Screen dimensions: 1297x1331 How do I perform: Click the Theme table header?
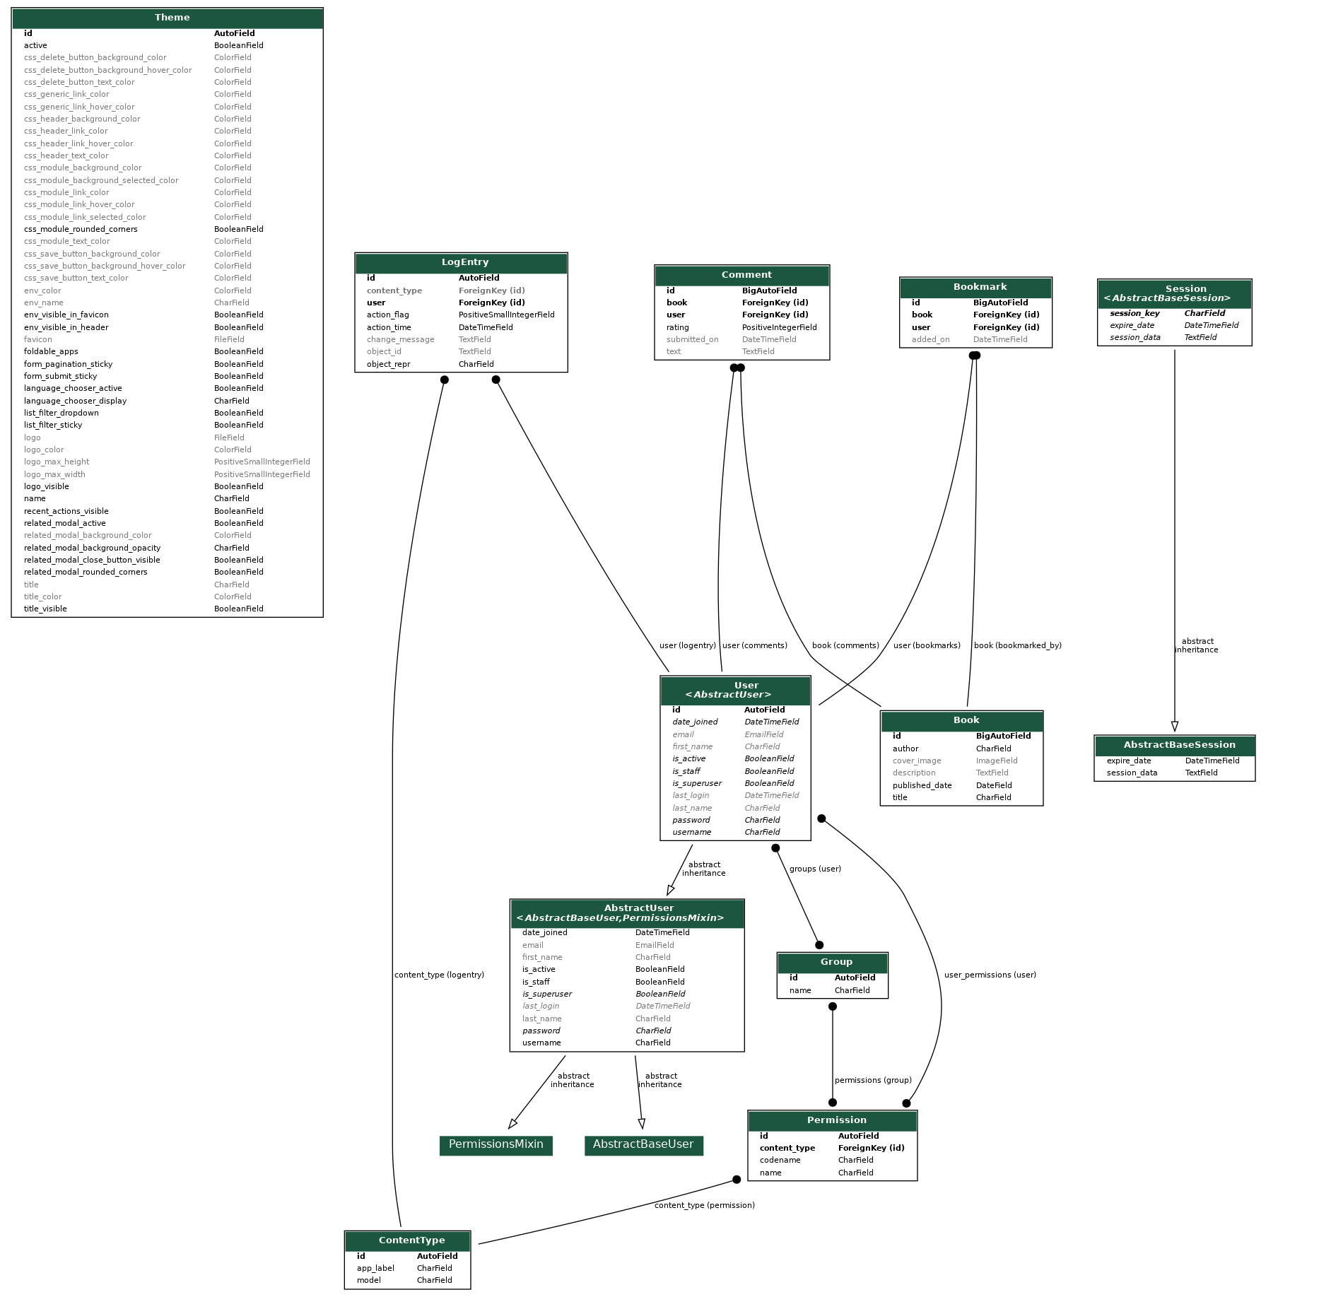click(x=172, y=18)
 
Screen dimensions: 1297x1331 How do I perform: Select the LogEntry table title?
click(x=464, y=262)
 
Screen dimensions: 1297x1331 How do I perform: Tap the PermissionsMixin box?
click(x=496, y=1144)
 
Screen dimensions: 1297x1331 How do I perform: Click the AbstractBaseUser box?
click(x=643, y=1144)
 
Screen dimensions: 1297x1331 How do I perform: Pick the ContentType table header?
click(x=411, y=1240)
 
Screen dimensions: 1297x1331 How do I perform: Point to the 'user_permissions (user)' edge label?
click(x=990, y=975)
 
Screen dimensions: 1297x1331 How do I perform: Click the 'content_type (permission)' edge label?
click(x=704, y=1206)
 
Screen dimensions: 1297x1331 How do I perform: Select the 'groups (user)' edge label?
click(x=814, y=869)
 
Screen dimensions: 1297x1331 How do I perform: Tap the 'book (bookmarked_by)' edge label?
click(x=1017, y=646)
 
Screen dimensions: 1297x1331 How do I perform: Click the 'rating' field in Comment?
click(x=677, y=328)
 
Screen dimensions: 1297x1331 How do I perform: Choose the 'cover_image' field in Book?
click(x=916, y=761)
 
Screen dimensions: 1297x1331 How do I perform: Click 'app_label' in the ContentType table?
click(x=375, y=1269)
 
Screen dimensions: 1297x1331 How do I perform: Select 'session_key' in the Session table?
click(x=1134, y=314)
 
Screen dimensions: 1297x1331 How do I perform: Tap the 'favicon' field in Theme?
click(x=38, y=340)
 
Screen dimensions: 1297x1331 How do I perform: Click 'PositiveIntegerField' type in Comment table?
click(x=779, y=328)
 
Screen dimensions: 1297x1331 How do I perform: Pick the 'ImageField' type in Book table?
click(x=996, y=761)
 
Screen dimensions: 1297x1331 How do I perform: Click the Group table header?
click(x=835, y=963)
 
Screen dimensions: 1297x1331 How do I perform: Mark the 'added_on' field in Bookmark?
click(x=930, y=340)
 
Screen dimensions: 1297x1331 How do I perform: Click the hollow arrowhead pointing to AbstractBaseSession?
click(x=1174, y=727)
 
